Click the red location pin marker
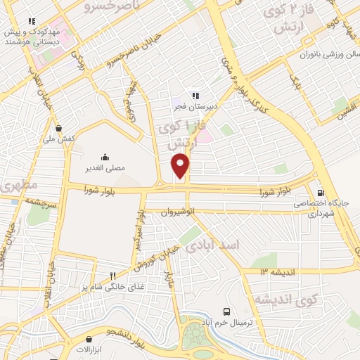click(181, 166)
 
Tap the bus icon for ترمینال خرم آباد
click(226, 311)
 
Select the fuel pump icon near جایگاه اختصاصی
click(321, 193)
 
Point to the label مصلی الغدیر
click(105, 169)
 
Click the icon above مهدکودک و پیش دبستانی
click(31, 20)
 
